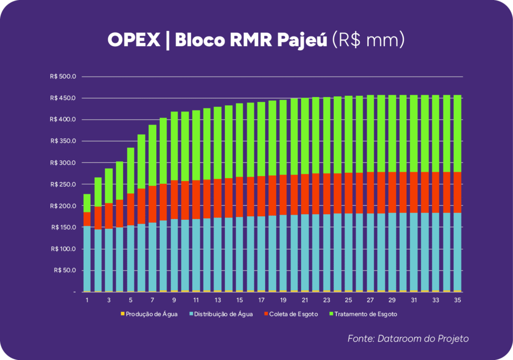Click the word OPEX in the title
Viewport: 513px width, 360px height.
134,41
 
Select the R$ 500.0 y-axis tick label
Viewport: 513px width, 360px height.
63,77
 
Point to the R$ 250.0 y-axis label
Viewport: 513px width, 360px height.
63,184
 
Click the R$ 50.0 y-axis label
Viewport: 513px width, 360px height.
64,270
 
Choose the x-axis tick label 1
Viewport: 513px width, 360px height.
87,300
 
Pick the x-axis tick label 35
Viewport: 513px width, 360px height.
457,300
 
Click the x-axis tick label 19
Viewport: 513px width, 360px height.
283,300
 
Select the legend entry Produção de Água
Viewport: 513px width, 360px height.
149,314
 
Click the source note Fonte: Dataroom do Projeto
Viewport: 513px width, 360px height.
408,339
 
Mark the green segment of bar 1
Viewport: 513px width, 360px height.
87,203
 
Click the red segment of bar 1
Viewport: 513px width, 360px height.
87,219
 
